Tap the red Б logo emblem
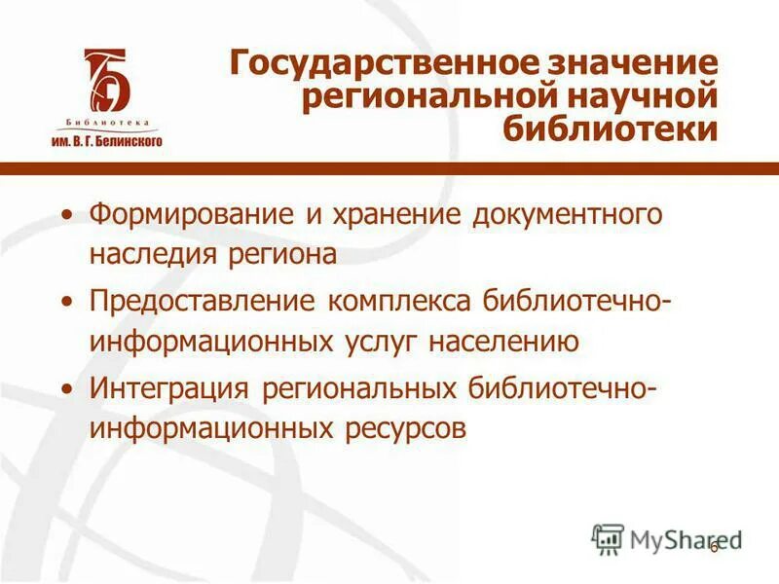click(106, 83)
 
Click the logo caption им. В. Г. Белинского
click(106, 140)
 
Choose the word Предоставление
click(202, 301)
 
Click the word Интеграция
click(171, 387)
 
